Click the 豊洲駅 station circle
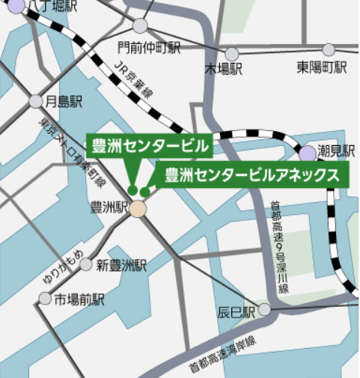138,208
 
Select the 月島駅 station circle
36,101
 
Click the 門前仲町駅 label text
150,48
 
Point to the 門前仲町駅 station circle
140,26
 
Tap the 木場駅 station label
224,69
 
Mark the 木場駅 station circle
232,54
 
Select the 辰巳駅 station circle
264,310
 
